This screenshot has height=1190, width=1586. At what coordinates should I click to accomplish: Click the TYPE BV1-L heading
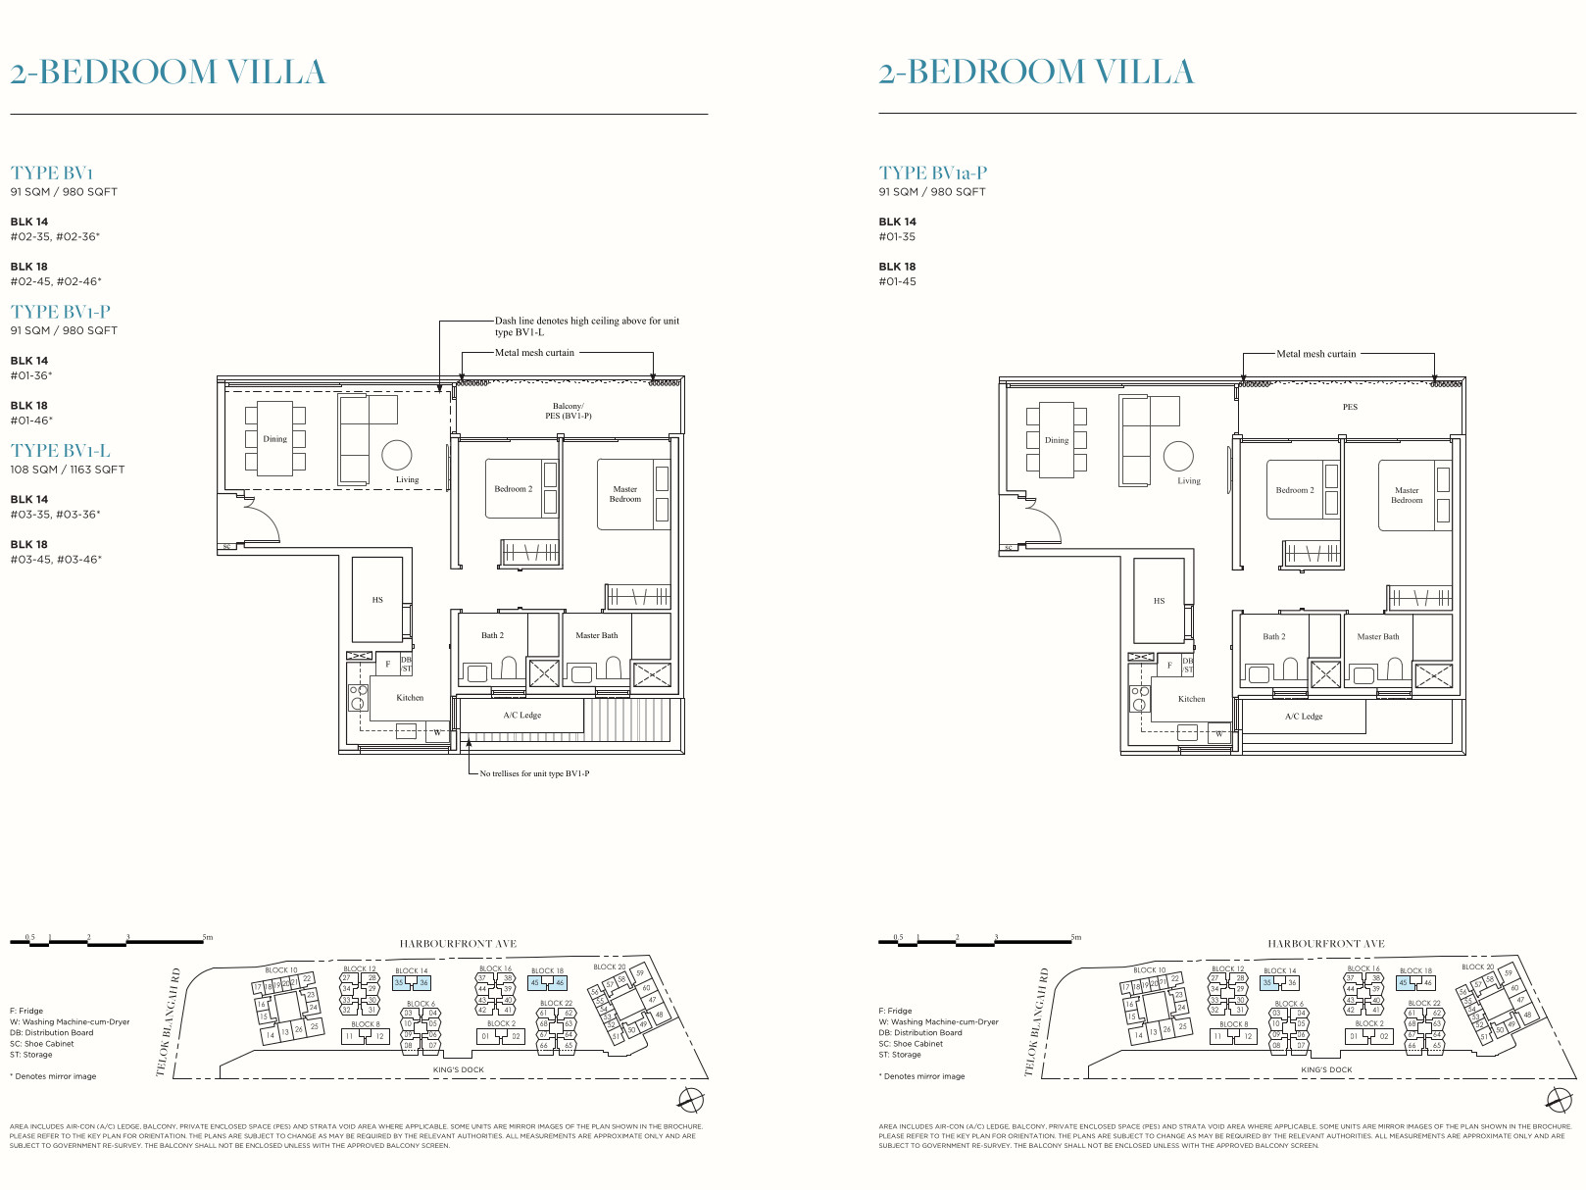(x=61, y=451)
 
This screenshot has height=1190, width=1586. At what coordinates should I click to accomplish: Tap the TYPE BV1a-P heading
(x=932, y=174)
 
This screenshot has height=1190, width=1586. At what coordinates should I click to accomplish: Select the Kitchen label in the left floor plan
(x=410, y=698)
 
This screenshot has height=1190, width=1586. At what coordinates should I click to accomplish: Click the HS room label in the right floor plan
(x=1159, y=601)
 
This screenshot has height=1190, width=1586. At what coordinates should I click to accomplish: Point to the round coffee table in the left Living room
(x=397, y=455)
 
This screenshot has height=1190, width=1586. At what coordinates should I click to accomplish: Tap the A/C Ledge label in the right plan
(x=1304, y=717)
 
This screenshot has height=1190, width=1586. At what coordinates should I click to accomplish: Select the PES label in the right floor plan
(x=1350, y=407)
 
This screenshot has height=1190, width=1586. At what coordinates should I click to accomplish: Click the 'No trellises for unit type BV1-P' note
(x=534, y=773)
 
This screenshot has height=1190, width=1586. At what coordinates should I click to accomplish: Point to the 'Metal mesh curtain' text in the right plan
(x=1315, y=354)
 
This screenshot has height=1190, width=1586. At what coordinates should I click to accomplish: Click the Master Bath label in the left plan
(x=596, y=635)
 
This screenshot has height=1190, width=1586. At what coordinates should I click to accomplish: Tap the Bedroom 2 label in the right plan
(x=1295, y=490)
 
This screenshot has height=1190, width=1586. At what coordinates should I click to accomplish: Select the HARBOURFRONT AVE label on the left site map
(x=458, y=944)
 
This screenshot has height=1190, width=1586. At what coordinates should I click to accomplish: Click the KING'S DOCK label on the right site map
(x=1326, y=1070)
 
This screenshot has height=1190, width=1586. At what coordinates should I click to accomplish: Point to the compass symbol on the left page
(x=690, y=1099)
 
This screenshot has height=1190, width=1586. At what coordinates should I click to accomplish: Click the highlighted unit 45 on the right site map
(x=1404, y=982)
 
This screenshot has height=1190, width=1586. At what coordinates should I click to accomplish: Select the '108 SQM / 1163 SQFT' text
(x=68, y=470)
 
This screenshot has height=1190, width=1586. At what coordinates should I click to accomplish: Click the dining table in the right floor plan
(x=1057, y=440)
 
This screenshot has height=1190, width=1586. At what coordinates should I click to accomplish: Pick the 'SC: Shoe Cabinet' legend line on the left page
(x=42, y=1044)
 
